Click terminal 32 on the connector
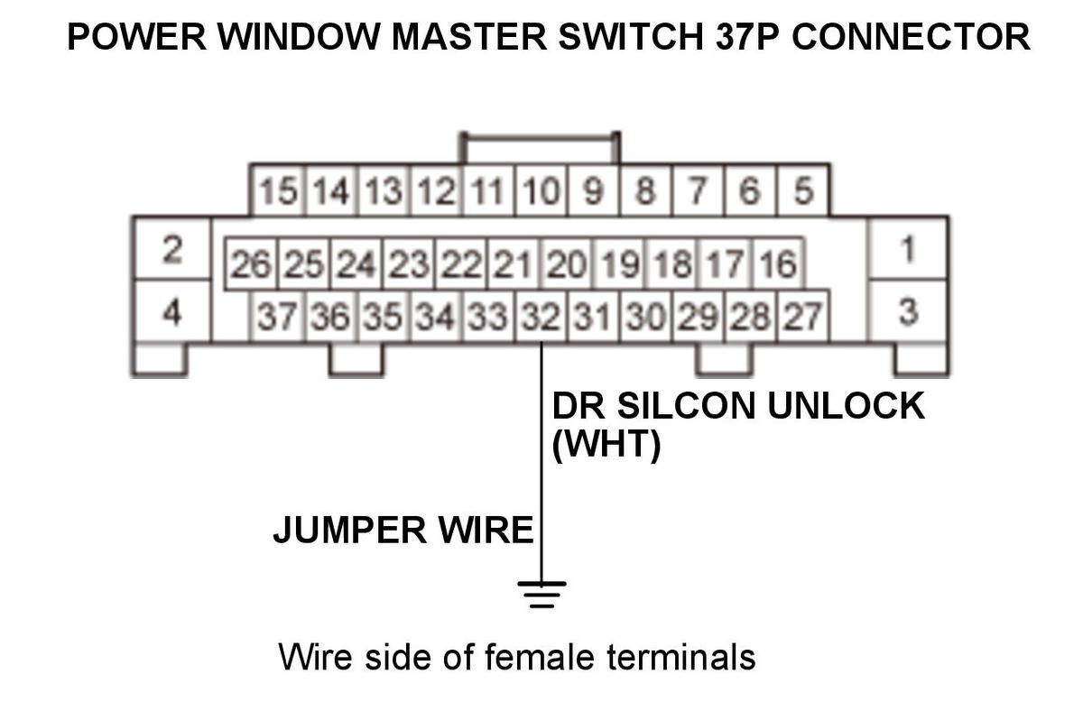[x=541, y=316]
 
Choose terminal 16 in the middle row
[x=777, y=264]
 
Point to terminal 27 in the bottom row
[x=802, y=316]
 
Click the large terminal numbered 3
[x=907, y=312]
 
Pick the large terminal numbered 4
[x=171, y=312]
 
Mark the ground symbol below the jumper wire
[x=541, y=594]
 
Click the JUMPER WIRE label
[x=403, y=531]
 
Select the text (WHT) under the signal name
[x=606, y=446]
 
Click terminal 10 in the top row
[x=541, y=191]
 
